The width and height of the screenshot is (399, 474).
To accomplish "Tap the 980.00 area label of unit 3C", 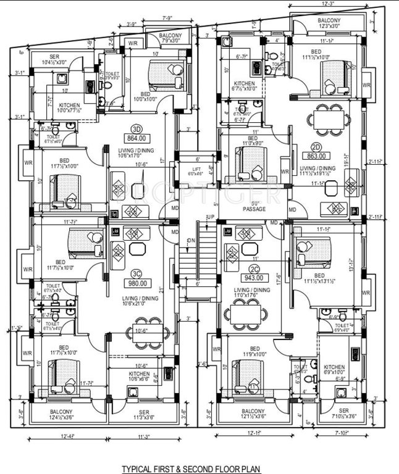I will point(137,283).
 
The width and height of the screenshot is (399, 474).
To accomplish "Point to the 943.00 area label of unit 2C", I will point(254,278).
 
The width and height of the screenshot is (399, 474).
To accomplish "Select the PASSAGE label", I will point(254,209).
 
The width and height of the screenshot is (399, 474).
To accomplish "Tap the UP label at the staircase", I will point(210,217).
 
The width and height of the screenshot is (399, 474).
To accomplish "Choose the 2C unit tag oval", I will point(254,269).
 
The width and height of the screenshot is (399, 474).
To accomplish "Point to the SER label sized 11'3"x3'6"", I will point(144,415).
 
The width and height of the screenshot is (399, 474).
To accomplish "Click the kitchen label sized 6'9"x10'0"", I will point(334,369).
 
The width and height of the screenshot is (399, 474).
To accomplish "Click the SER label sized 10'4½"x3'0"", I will point(54,60).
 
